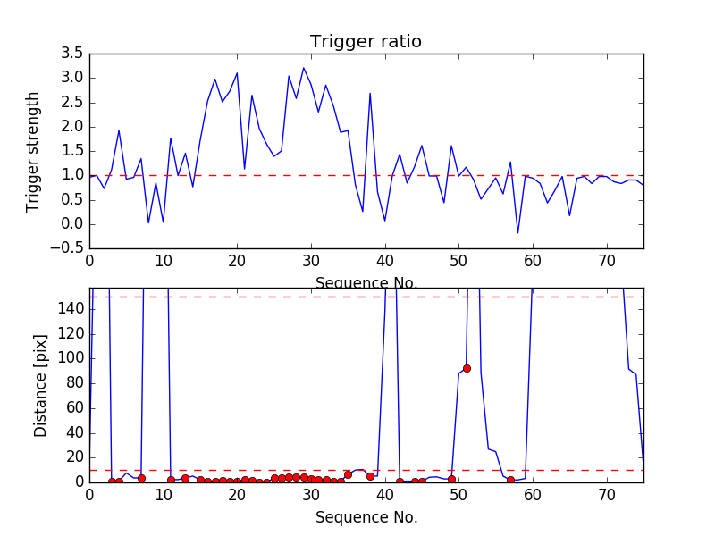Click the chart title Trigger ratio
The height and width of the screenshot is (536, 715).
point(366,42)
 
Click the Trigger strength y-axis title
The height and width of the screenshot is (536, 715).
point(33,151)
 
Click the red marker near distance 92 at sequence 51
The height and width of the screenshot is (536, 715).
point(467,368)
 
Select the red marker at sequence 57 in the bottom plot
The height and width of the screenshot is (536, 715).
point(510,480)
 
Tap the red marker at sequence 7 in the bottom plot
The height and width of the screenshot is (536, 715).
point(141,478)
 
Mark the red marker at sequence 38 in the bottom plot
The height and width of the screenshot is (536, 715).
point(370,476)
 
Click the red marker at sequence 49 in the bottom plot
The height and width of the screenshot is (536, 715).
point(451,480)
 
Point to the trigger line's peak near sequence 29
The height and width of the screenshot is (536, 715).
point(304,68)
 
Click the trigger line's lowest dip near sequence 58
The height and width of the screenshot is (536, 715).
point(517,233)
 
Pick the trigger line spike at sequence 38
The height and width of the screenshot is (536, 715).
point(370,93)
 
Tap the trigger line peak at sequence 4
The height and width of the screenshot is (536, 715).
point(119,130)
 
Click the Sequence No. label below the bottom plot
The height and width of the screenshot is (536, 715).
point(366,517)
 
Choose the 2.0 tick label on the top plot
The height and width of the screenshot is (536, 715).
point(71,126)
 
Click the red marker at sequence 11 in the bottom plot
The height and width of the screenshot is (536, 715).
point(171,480)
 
